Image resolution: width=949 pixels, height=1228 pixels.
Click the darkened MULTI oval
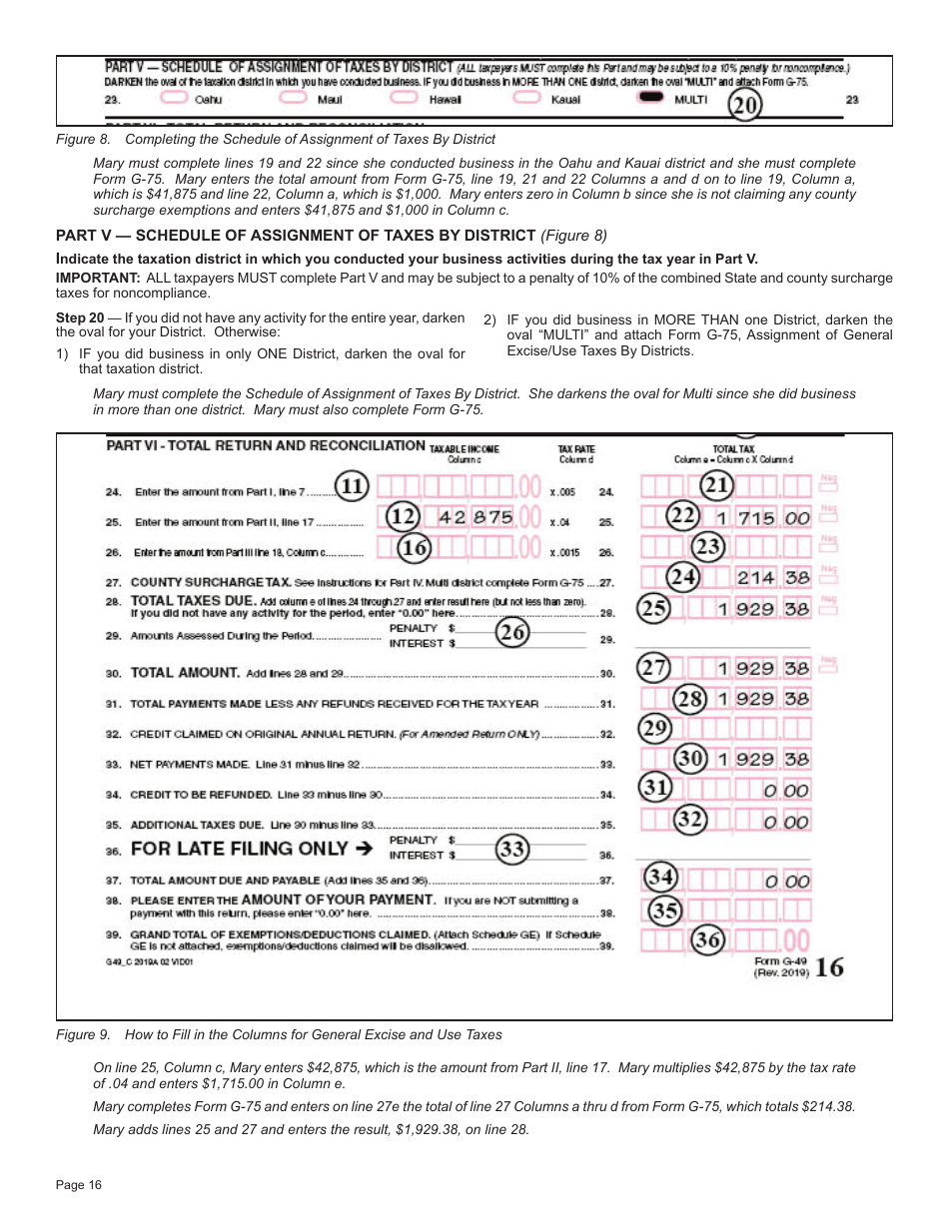[x=652, y=98]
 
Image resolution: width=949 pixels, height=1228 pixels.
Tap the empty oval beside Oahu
[x=174, y=98]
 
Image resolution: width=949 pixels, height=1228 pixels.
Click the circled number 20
[x=744, y=105]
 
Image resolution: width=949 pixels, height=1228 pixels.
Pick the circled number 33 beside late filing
[x=512, y=849]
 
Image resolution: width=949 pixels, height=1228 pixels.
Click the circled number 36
[x=707, y=939]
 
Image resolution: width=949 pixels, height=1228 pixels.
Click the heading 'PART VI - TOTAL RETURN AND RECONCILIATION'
[x=266, y=445]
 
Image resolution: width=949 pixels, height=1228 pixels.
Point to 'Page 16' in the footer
[x=79, y=1185]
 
